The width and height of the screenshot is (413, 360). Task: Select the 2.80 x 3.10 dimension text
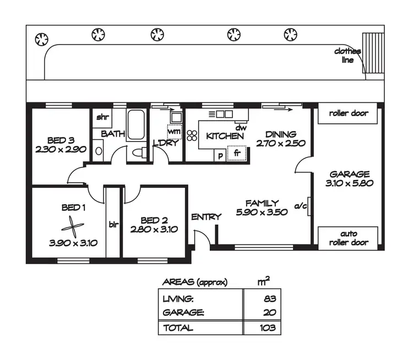pos(154,230)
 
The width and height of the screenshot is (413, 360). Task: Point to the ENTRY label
pos(206,217)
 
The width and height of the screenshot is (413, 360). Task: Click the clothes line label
pos(347,56)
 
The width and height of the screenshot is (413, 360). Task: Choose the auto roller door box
pos(348,238)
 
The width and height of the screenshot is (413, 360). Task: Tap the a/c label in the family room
pos(301,206)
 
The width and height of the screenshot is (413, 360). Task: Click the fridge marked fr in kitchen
pos(237,154)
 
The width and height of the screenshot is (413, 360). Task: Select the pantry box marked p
pos(220,155)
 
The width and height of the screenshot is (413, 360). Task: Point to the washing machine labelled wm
pos(174,132)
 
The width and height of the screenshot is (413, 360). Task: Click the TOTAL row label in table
pos(178,328)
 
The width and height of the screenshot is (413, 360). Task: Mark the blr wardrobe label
pos(113,225)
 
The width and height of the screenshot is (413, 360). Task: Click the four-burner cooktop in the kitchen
pos(192,136)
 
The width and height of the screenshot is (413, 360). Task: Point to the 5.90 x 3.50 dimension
pos(262,212)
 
